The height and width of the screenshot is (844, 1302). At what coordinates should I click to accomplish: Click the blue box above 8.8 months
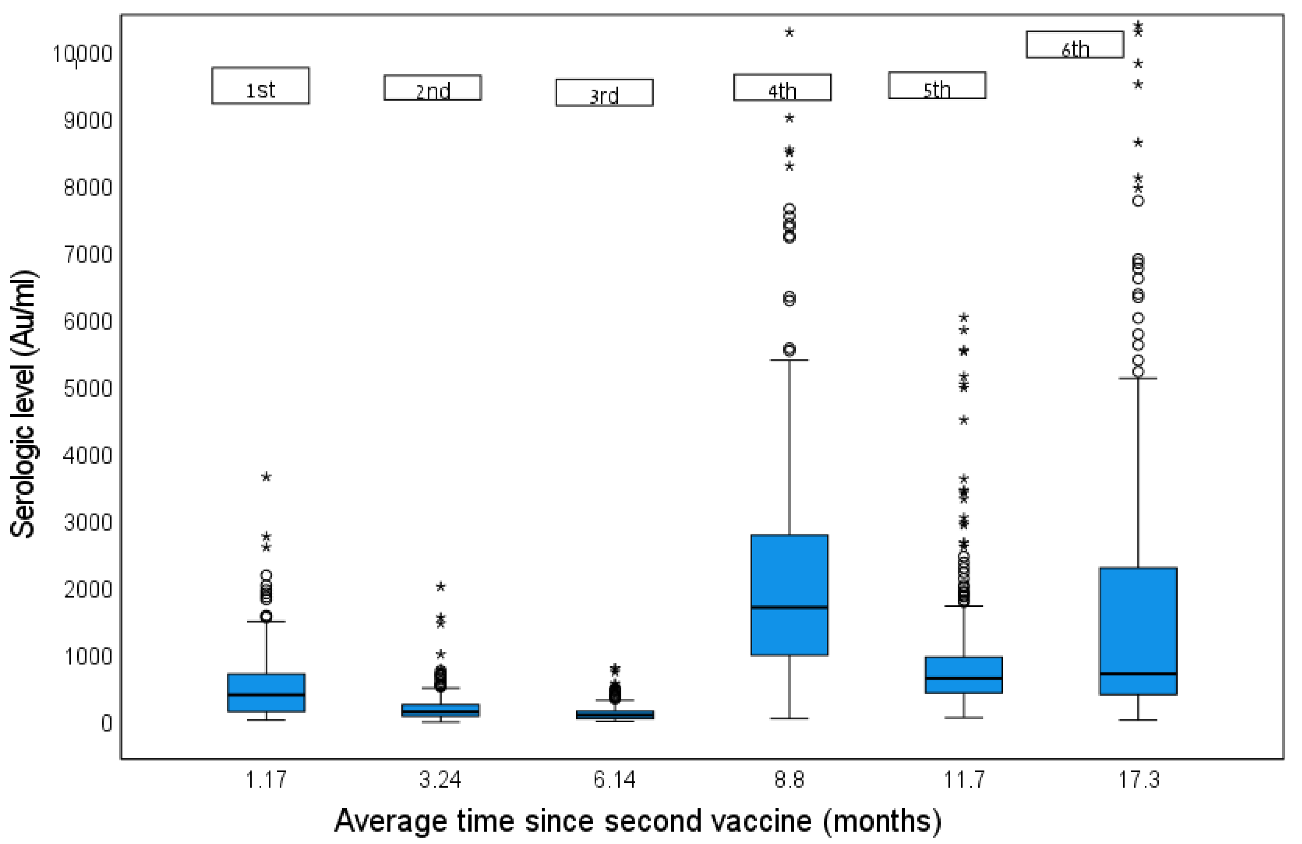789,595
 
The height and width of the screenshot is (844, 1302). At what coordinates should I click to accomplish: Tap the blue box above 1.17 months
266,692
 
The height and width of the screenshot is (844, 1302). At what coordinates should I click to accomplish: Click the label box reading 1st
260,86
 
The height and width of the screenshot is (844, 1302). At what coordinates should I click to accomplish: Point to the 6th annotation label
1075,45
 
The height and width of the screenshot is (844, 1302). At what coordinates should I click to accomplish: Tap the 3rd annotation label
604,93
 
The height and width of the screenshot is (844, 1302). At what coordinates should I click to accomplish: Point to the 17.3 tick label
1138,779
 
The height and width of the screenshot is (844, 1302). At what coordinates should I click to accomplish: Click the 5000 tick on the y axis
88,389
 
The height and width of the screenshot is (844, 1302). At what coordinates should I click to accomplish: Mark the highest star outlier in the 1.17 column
266,477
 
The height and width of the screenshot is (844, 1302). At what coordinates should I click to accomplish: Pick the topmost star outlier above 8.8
789,32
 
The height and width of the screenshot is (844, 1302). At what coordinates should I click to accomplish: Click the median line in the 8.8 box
789,607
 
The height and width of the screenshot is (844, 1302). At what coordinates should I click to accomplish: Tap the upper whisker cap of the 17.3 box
1138,378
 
